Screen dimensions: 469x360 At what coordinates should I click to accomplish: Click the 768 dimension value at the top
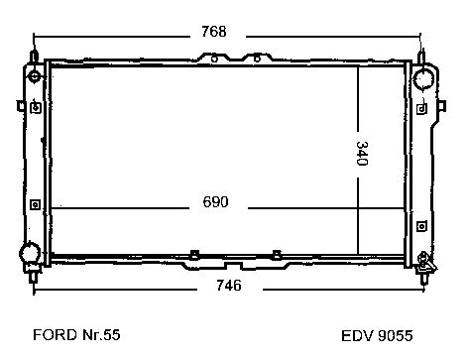(x=214, y=32)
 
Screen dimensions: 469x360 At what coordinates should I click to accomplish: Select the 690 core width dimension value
(x=215, y=202)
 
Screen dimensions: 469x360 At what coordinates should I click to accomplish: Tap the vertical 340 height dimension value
(x=362, y=154)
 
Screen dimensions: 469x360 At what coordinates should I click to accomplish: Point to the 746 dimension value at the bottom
(x=229, y=285)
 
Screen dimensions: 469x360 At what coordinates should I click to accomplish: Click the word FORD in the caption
(x=55, y=335)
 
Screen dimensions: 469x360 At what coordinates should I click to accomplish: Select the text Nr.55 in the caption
(x=101, y=335)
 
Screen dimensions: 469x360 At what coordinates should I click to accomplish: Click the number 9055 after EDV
(x=395, y=336)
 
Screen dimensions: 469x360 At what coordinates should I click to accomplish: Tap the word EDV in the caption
(x=357, y=336)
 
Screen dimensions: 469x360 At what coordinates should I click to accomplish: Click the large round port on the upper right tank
(x=423, y=79)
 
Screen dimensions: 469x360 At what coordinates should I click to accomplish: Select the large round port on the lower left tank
(x=30, y=253)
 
